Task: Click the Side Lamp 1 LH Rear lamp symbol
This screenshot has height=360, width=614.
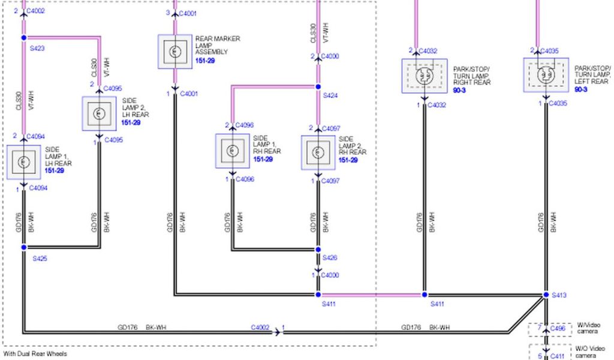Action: click(x=24, y=162)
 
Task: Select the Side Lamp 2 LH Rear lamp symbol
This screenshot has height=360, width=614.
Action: click(x=99, y=113)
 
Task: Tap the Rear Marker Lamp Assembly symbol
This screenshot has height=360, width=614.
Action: click(x=175, y=52)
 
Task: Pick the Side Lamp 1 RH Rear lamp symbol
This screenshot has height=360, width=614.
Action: click(x=232, y=151)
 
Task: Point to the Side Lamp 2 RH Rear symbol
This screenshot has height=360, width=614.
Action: click(x=318, y=152)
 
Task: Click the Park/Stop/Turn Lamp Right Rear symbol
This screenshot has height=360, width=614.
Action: click(x=425, y=76)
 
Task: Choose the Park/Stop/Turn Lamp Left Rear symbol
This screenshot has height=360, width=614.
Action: click(x=546, y=75)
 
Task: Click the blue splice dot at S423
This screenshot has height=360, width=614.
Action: click(x=24, y=38)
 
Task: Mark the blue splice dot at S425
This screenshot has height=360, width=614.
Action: click(x=24, y=247)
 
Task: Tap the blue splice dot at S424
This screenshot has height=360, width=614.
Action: click(x=318, y=86)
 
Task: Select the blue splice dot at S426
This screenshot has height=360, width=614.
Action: click(x=318, y=250)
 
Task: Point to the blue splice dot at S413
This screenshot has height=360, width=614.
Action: click(x=546, y=295)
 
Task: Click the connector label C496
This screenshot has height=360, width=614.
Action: click(x=558, y=328)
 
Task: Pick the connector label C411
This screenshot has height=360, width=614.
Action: click(x=558, y=356)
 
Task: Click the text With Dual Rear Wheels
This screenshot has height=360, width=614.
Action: click(x=35, y=354)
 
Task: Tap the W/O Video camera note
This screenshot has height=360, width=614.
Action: click(x=590, y=352)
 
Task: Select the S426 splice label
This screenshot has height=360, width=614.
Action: click(x=330, y=257)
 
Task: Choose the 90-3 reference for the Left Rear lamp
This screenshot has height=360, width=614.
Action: click(x=580, y=89)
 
